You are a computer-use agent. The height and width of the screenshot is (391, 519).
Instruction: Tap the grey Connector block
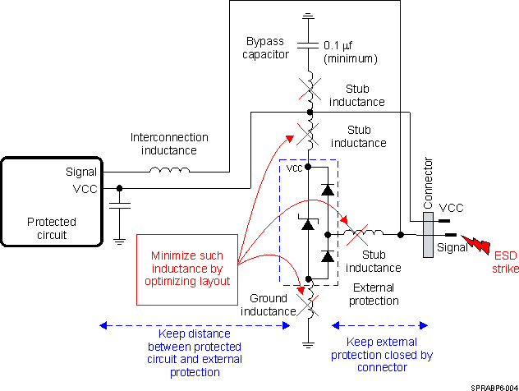428,235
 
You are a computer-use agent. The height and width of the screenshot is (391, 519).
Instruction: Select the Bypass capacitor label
267,48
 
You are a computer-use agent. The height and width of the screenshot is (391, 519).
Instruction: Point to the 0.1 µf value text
350,52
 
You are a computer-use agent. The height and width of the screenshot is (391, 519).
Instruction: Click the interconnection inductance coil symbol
169,171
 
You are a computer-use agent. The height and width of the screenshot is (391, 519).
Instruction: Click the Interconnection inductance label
169,144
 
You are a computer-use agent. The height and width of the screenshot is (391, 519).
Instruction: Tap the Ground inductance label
267,305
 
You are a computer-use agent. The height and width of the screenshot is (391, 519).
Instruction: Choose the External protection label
374,294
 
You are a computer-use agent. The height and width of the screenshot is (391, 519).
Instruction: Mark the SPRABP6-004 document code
494,384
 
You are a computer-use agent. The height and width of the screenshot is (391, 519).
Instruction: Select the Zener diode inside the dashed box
308,223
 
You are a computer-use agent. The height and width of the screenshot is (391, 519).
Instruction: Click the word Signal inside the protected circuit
81,172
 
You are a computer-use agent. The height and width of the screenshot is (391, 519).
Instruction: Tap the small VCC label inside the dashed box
294,168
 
